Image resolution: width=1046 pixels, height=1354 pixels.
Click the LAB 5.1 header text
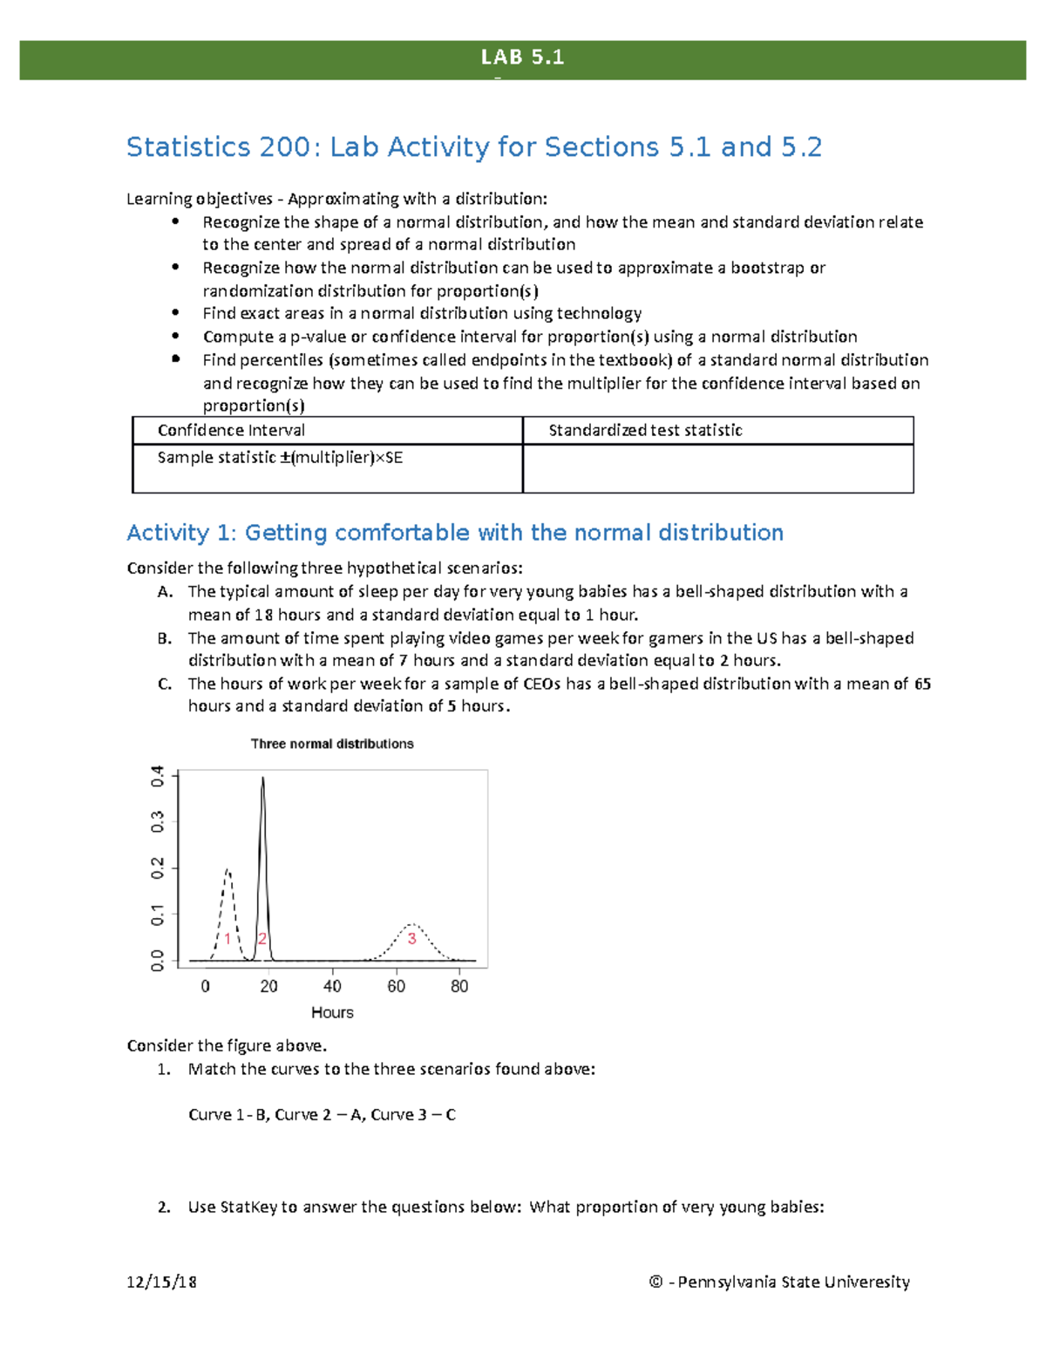click(522, 58)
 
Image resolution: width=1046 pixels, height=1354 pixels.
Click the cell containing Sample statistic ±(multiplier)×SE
click(280, 458)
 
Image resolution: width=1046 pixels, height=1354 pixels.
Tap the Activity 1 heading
click(454, 533)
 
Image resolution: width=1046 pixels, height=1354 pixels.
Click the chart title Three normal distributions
click(332, 744)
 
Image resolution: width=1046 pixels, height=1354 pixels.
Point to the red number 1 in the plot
click(228, 939)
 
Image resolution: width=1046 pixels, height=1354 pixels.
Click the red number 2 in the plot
click(261, 939)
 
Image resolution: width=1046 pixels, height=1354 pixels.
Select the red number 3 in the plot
click(411, 939)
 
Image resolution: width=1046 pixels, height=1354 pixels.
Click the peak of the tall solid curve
click(262, 779)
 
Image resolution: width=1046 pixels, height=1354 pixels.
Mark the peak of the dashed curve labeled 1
click(228, 869)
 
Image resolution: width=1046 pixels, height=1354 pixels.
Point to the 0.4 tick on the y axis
click(158, 775)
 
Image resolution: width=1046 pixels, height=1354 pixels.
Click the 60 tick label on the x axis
click(396, 986)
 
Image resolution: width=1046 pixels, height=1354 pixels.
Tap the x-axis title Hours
click(332, 1012)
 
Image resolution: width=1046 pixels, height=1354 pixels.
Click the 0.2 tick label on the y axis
click(158, 868)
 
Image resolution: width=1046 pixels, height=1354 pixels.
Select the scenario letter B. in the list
click(165, 638)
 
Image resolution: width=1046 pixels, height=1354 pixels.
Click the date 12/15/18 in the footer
click(161, 1282)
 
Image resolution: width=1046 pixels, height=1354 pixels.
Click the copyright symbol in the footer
click(655, 1282)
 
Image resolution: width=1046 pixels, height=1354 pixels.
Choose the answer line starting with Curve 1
click(322, 1114)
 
